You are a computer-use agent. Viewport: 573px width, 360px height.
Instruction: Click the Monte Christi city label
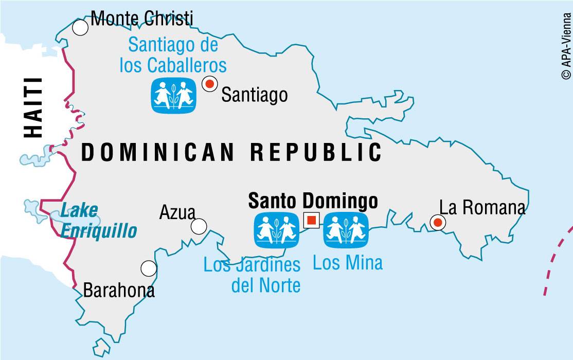pos(142,19)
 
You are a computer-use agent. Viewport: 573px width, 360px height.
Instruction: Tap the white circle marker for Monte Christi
pos(80,27)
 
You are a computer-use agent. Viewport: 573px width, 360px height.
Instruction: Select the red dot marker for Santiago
pos(209,83)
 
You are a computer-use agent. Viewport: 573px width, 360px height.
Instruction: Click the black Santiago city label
pos(254,95)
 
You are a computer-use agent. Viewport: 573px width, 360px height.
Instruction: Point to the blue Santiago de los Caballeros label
pos(173,55)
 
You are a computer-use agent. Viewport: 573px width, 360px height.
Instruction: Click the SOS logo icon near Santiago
pos(174,95)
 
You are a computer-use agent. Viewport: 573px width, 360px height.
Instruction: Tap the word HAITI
pos(34,107)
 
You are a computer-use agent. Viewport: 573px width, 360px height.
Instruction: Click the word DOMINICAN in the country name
pos(158,152)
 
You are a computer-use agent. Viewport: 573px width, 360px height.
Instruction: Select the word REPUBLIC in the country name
pos(316,152)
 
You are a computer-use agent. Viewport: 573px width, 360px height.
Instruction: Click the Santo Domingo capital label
pos(313,201)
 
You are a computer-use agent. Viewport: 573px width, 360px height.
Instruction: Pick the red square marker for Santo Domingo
pos(311,221)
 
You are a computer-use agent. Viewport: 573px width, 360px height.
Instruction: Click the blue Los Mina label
pos(348,263)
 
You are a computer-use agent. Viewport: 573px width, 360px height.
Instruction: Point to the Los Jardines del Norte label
pos(252,275)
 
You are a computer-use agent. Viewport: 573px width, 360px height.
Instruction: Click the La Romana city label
pos(482,207)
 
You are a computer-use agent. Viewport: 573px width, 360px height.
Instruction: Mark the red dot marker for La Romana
pos(438,223)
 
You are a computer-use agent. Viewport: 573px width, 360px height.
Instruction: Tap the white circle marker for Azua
pos(199,226)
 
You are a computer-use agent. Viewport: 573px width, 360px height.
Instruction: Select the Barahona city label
pos(119,291)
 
